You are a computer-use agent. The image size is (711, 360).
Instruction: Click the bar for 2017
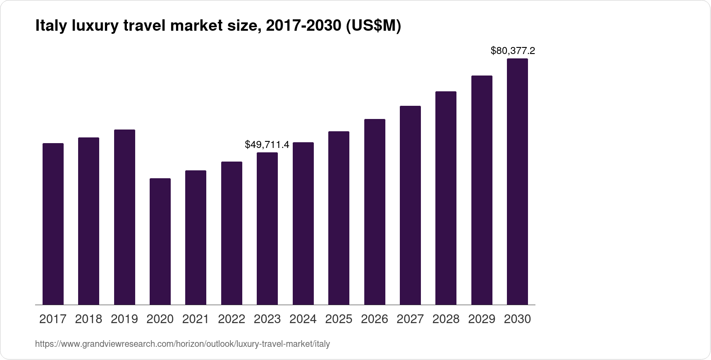pyautogui.click(x=53, y=224)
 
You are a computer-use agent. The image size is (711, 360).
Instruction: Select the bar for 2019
pyautogui.click(x=125, y=217)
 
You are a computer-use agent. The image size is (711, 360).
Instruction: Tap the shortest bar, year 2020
pyautogui.click(x=160, y=241)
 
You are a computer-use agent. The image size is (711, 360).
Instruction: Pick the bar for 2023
pyautogui.click(x=267, y=228)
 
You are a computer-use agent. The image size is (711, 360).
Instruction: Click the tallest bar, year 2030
pyautogui.click(x=517, y=182)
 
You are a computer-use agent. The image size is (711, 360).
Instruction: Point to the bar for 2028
pyautogui.click(x=446, y=198)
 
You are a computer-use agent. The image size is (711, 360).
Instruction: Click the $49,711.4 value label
pyautogui.click(x=267, y=144)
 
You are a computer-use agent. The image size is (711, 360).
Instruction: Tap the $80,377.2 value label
pyautogui.click(x=513, y=50)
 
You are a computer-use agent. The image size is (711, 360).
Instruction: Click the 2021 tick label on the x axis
pyautogui.click(x=196, y=319)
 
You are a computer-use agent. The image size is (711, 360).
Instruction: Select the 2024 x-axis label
pyautogui.click(x=303, y=319)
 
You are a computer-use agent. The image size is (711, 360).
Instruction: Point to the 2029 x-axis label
pyautogui.click(x=481, y=319)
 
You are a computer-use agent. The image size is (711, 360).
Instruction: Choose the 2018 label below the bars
pyautogui.click(x=89, y=319)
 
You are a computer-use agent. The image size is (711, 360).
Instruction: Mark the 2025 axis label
pyautogui.click(x=339, y=319)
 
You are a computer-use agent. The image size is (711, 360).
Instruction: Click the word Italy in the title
pyautogui.click(x=49, y=26)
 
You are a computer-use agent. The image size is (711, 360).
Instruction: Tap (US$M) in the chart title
pyautogui.click(x=373, y=26)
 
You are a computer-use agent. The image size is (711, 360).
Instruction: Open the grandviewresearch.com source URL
pyautogui.click(x=182, y=344)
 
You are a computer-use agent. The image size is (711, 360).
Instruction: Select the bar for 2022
pyautogui.click(x=232, y=233)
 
